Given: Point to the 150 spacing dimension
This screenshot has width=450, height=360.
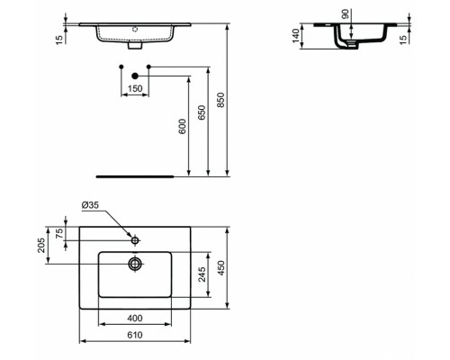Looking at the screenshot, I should [134, 89].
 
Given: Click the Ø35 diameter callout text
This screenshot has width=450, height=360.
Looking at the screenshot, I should [90, 206].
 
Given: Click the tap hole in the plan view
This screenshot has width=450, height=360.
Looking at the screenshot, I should [135, 240].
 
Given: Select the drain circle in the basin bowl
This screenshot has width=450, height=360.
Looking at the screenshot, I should [135, 264].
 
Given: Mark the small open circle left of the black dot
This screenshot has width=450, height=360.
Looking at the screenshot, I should [121, 67].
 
